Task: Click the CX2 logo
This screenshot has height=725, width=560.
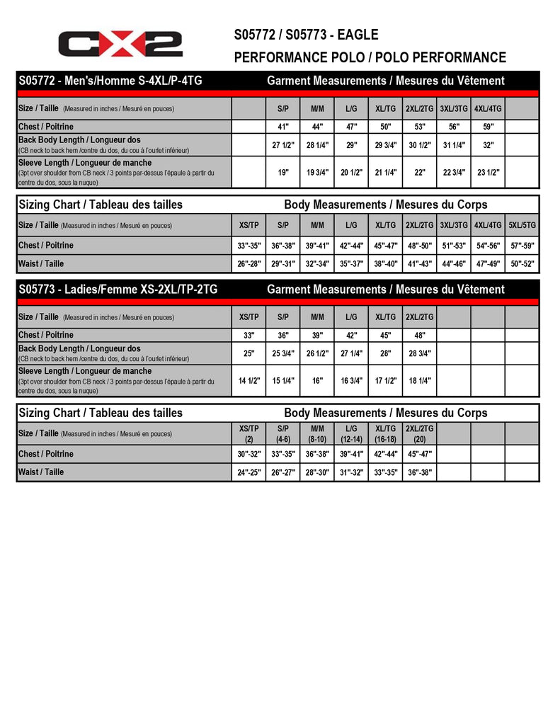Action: coord(120,44)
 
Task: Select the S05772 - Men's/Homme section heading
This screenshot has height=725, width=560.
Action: coord(110,81)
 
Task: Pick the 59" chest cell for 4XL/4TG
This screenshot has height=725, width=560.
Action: coord(487,127)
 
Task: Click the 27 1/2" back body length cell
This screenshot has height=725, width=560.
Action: coord(283,144)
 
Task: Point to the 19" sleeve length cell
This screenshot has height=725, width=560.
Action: coord(283,172)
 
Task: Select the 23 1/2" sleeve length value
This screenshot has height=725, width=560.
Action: coord(487,172)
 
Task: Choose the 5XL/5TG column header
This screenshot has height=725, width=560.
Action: coord(522,225)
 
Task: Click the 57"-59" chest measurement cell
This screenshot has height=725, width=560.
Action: coord(522,246)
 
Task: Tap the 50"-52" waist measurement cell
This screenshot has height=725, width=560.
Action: coord(522,264)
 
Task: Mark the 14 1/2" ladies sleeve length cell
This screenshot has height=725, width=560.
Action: coord(248,380)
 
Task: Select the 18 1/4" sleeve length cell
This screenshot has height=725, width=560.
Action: coord(419,380)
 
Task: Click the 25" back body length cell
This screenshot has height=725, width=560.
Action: coord(248,353)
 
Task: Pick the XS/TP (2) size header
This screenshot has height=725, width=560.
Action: coord(248,433)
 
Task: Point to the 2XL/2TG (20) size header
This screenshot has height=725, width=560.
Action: coord(419,433)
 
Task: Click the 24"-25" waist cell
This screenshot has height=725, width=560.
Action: coord(248,472)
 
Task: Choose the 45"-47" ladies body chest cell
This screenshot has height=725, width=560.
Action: coord(419,454)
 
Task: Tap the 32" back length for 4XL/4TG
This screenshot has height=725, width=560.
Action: coord(487,144)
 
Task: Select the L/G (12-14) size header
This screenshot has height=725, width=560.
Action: coord(351,433)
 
